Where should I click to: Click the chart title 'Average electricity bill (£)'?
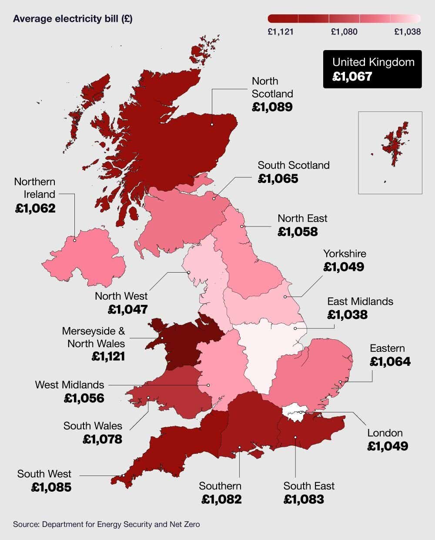click(x=73, y=19)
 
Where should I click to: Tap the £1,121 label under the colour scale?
click(x=281, y=32)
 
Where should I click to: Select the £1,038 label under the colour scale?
click(x=407, y=32)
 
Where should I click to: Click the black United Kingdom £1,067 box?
click(x=372, y=69)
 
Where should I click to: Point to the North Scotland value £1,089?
click(x=272, y=107)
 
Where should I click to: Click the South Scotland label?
click(x=294, y=165)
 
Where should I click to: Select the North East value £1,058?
click(x=298, y=232)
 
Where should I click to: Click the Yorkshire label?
click(x=345, y=254)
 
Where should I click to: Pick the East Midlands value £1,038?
click(x=348, y=315)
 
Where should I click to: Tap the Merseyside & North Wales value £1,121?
click(x=108, y=357)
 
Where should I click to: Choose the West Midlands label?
click(x=70, y=385)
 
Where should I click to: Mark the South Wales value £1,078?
click(x=103, y=439)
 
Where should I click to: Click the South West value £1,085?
click(x=51, y=487)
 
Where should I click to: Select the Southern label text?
click(x=220, y=486)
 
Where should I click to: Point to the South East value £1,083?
click(x=304, y=499)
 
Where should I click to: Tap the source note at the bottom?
click(x=107, y=524)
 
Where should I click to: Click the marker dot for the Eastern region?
click(x=340, y=382)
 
